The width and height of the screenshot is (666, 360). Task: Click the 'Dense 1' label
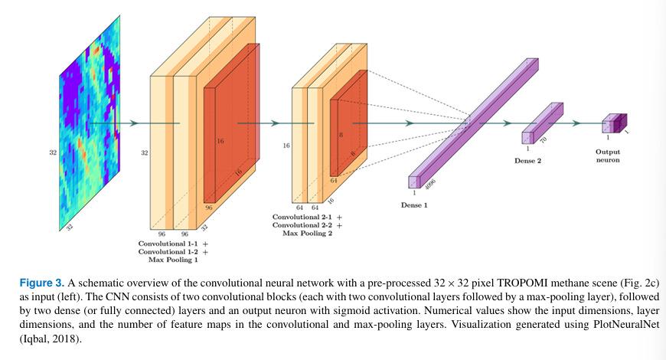click(414, 205)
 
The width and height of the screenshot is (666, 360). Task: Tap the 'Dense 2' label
click(529, 161)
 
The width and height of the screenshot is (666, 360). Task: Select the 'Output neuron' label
click(607, 156)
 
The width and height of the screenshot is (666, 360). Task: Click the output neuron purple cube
click(614, 123)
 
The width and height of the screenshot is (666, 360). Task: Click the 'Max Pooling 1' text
click(174, 260)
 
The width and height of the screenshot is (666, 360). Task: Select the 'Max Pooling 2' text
click(306, 234)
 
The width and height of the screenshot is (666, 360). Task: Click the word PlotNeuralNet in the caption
click(616, 324)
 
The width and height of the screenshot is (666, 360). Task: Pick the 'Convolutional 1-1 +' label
click(174, 243)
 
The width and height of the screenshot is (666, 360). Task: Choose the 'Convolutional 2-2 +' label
click(307, 226)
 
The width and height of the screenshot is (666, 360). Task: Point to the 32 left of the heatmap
click(52, 153)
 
